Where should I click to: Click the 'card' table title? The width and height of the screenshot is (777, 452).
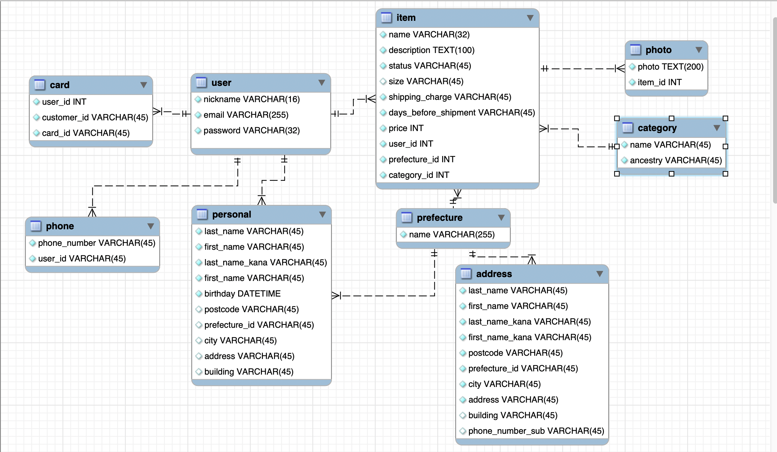(60, 85)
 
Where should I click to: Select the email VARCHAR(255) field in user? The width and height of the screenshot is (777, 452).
(246, 115)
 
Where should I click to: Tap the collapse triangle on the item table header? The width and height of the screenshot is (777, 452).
(530, 18)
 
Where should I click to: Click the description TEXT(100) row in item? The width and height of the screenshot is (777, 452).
(431, 50)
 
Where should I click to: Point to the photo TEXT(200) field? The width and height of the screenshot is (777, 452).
(670, 67)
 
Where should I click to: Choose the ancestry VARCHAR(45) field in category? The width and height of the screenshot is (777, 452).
(675, 160)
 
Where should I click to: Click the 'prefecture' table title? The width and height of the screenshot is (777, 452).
(439, 218)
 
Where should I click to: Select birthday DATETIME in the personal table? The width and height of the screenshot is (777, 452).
(242, 294)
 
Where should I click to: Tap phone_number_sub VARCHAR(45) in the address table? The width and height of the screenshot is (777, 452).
(536, 431)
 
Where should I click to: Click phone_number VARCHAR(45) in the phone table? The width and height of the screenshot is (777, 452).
(96, 243)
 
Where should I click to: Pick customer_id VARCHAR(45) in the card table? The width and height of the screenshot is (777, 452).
(95, 117)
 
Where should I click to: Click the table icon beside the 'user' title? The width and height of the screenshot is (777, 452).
(201, 83)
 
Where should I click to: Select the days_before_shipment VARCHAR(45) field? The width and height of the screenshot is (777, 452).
(461, 113)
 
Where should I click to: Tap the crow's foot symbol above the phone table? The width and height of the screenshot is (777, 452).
(92, 212)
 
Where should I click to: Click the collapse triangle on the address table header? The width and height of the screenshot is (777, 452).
(599, 274)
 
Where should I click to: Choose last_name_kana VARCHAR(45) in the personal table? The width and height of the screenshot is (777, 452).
(265, 262)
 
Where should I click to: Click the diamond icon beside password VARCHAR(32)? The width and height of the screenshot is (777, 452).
(198, 130)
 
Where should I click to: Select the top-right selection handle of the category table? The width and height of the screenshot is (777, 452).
(725, 118)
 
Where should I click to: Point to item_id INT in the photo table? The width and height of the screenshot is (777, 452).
(659, 82)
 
